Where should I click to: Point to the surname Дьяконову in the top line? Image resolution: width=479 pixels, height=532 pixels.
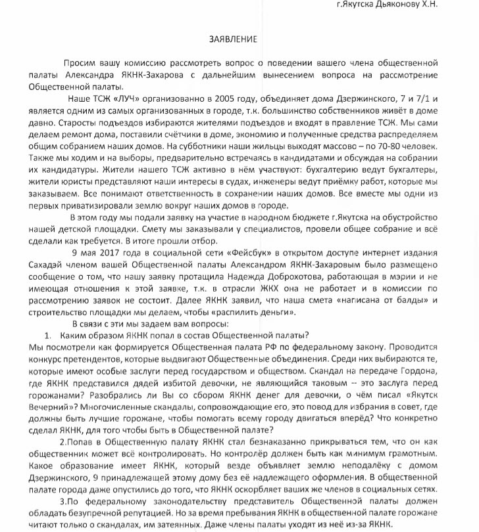[x=411, y=5]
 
